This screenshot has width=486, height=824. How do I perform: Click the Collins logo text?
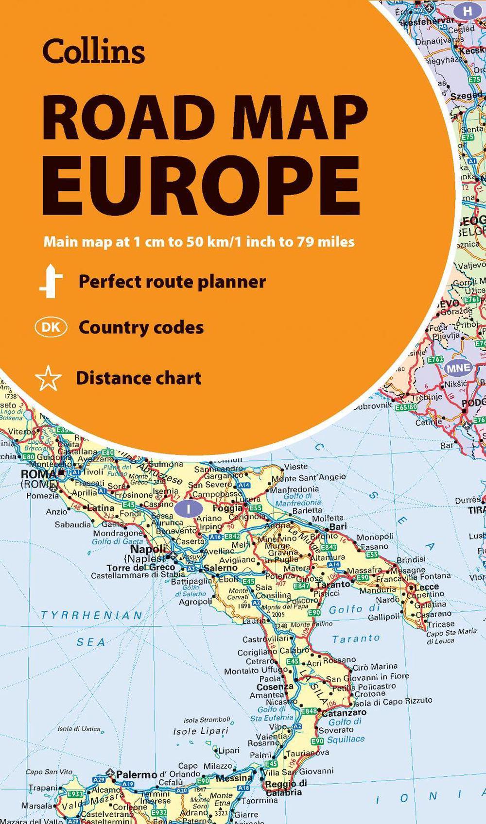94,51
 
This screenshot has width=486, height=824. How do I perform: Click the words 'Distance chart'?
139,378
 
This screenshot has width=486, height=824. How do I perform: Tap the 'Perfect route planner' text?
172,282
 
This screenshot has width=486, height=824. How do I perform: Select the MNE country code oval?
459,368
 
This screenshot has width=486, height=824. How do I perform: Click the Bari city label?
338,526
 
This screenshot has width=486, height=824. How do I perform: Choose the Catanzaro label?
344,712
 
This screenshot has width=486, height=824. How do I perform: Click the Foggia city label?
227,508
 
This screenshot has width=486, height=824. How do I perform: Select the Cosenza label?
275,687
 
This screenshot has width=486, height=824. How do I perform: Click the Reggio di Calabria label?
286,787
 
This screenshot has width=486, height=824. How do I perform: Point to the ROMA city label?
38,474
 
